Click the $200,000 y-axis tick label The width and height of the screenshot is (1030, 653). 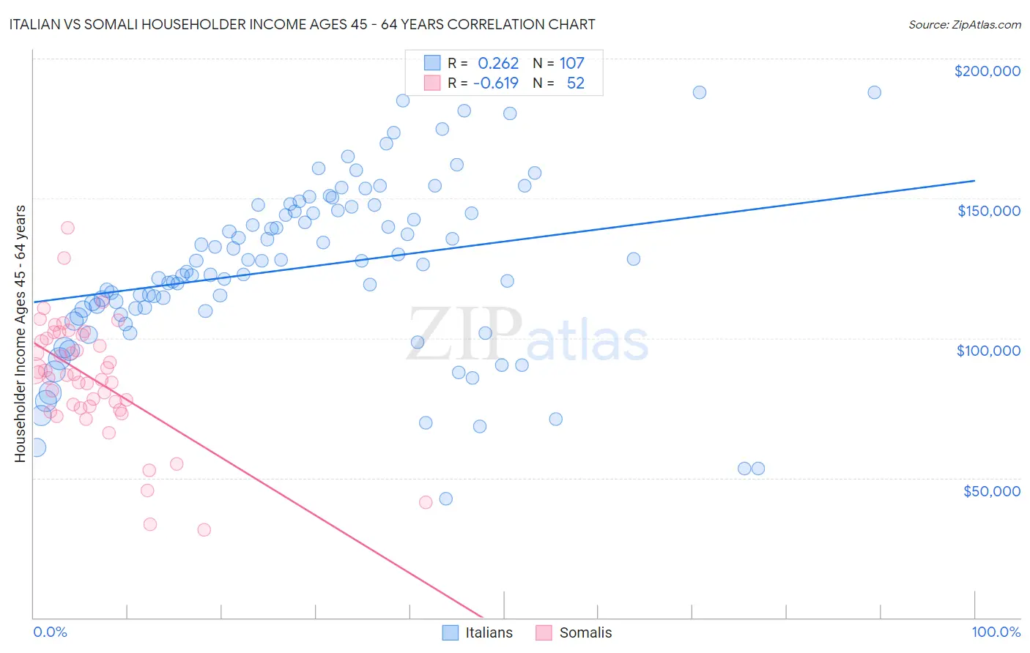[x=987, y=71]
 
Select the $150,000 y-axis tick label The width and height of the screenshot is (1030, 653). [x=988, y=211]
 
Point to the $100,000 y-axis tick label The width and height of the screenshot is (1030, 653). [x=988, y=351]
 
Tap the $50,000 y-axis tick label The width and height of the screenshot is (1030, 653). [x=991, y=490]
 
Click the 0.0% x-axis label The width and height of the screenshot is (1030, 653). [x=50, y=632]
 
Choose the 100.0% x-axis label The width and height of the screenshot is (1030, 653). [x=996, y=632]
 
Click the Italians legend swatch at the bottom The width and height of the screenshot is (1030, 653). [x=451, y=633]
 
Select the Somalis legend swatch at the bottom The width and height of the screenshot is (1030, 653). [x=544, y=633]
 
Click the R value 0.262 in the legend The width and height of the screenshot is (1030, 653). [x=498, y=64]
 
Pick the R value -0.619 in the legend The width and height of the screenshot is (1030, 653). [x=496, y=83]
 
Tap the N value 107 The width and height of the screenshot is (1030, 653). [x=572, y=64]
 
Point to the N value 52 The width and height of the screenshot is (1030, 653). [x=576, y=83]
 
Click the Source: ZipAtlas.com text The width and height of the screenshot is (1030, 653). [x=964, y=25]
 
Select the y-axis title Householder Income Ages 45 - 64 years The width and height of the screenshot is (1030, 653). [x=20, y=334]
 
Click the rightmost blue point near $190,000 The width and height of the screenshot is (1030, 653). [x=874, y=92]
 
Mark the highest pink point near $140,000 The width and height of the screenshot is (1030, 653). [x=67, y=228]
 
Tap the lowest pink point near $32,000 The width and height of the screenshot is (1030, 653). [x=204, y=529]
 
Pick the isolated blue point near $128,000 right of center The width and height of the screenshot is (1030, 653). [x=634, y=259]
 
